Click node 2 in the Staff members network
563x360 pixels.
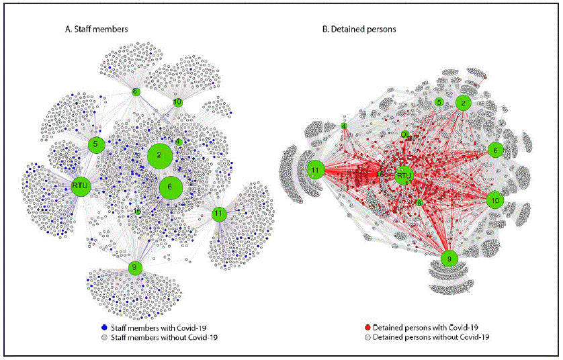pyautogui.click(x=160, y=156)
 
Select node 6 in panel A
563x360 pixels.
pyautogui.click(x=171, y=187)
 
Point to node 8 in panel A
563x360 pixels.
pyautogui.click(x=135, y=91)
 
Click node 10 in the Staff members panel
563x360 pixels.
pyautogui.click(x=177, y=102)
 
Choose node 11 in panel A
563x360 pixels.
pyautogui.click(x=218, y=214)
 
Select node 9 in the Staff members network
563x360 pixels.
pyautogui.click(x=135, y=268)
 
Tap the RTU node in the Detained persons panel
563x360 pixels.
pyautogui.click(x=403, y=177)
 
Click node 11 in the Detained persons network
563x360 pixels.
pyautogui.click(x=314, y=171)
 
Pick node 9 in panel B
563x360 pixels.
pyautogui.click(x=449, y=257)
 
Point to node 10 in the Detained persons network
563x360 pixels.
pyautogui.click(x=494, y=200)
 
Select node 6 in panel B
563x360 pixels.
pyautogui.click(x=495, y=150)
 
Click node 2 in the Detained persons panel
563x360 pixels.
pyautogui.click(x=462, y=102)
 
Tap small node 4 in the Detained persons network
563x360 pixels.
pyautogui.click(x=343, y=126)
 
